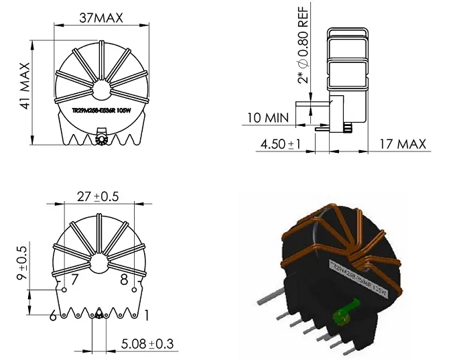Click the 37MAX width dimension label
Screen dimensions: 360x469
(x=100, y=18)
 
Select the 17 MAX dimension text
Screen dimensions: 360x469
(x=401, y=143)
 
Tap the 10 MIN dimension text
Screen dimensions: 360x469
(x=268, y=118)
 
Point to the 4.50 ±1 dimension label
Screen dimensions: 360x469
(x=282, y=143)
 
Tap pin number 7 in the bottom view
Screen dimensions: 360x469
(x=75, y=280)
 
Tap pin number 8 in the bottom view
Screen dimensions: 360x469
(x=123, y=280)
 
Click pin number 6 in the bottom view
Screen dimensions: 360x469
(x=52, y=314)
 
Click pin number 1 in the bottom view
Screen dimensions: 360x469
(x=146, y=314)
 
